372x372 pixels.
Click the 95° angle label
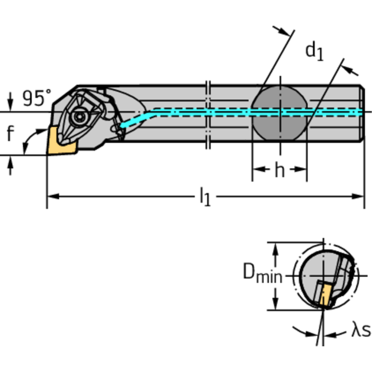[x=36, y=98]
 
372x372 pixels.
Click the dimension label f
[x=10, y=134]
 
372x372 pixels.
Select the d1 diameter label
[x=314, y=50]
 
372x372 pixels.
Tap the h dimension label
[x=279, y=170]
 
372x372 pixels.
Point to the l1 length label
[x=205, y=197]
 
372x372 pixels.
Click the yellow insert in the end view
[x=324, y=294]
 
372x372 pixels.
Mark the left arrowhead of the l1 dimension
[x=51, y=196]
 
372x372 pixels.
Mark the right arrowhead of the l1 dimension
[x=359, y=196]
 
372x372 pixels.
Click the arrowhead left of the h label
[x=257, y=169]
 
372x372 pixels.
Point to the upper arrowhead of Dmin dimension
[x=275, y=247]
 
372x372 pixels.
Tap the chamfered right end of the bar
[x=361, y=113]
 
